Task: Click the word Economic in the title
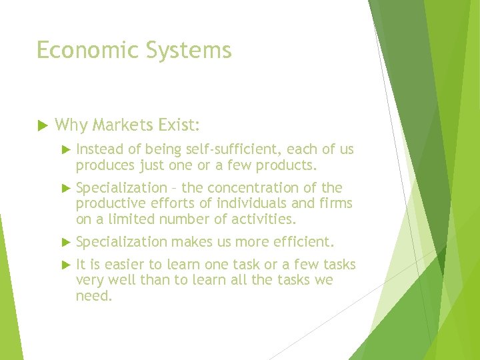(79, 51)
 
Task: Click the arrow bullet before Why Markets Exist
(41, 125)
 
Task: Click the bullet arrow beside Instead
(64, 150)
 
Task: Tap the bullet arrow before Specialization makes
(64, 242)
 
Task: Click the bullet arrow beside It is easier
(64, 265)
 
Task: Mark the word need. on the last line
(94, 296)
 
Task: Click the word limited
(134, 219)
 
